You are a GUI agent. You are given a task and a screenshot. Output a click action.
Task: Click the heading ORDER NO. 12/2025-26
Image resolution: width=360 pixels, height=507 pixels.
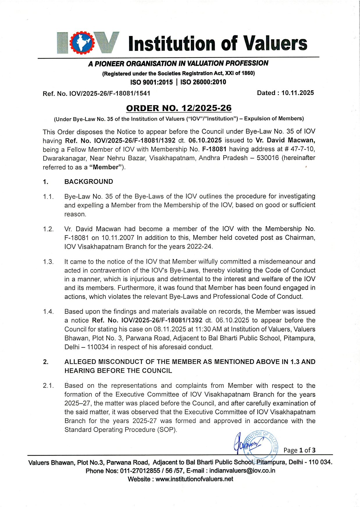pos(179,108)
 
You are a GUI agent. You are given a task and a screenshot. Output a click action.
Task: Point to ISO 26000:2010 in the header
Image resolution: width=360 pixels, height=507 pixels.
pos(203,82)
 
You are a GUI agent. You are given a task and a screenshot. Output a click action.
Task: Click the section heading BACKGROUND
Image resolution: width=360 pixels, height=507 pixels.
pos(89,182)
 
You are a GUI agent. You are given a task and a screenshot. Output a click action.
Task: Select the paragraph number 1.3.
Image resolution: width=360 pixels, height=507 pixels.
pos(48,262)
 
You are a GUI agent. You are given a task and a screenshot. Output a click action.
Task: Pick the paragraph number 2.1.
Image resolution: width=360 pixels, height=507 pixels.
pos(48,386)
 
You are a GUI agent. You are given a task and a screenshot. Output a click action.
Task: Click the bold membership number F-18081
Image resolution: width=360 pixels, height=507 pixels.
pos(214,149)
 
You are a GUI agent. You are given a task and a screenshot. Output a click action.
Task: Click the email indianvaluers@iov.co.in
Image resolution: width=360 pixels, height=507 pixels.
pos(242,471)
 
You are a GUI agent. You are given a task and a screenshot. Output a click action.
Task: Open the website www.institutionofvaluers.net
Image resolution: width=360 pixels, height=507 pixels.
pos(194,479)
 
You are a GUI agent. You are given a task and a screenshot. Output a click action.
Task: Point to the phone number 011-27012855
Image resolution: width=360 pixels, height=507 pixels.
pos(140,471)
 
